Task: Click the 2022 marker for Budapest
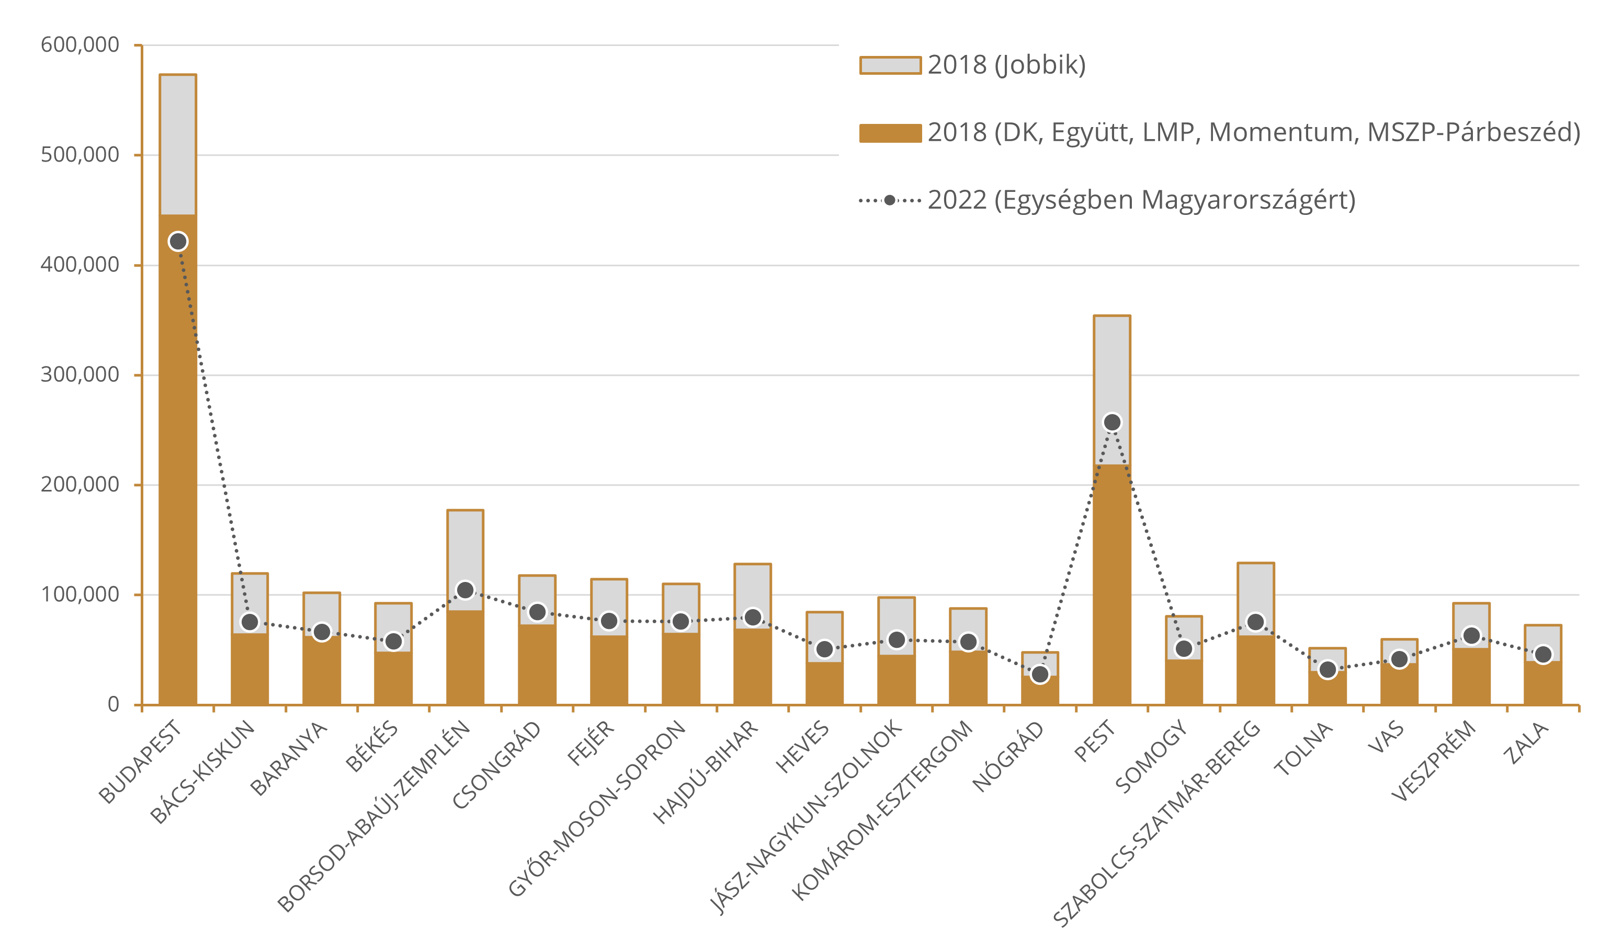(178, 241)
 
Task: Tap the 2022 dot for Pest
(1112, 422)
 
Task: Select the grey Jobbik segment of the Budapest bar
(178, 144)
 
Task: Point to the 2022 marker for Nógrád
(1040, 674)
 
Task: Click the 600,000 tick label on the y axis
(80, 45)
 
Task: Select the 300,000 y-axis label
(80, 375)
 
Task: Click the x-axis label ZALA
(1528, 744)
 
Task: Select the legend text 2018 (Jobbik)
(1007, 65)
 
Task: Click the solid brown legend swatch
(890, 133)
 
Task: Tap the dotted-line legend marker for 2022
(890, 200)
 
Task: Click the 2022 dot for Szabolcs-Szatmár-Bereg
(1255, 622)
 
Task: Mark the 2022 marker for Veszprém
(1471, 636)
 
